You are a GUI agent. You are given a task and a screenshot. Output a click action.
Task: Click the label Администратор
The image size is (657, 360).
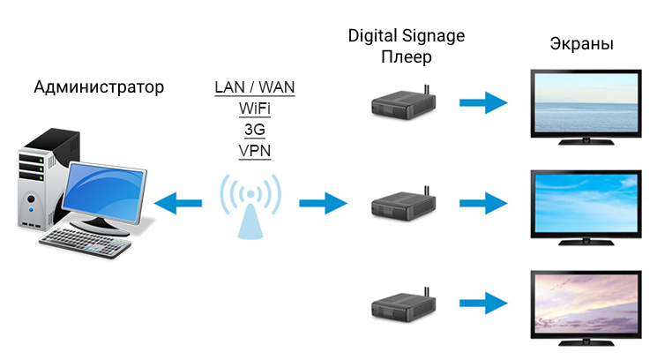click(99, 87)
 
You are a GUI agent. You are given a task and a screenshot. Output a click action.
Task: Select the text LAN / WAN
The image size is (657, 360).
click(255, 88)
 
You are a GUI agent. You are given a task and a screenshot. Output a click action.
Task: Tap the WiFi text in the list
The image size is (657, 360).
click(255, 109)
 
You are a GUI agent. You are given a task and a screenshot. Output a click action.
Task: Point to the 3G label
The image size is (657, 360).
click(255, 130)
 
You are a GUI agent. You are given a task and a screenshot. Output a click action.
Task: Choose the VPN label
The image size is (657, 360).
click(255, 151)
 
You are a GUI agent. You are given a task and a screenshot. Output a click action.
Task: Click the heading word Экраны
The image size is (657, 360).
click(581, 44)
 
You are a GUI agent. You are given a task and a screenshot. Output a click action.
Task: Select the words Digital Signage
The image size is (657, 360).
click(406, 35)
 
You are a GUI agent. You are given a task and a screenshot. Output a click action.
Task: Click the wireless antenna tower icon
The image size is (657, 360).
click(250, 206)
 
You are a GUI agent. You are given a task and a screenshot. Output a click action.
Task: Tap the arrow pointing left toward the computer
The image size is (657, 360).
click(178, 205)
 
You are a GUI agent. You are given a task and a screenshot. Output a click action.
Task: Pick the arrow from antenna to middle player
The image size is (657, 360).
click(323, 205)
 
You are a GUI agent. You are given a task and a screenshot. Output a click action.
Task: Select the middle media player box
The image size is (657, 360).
click(405, 206)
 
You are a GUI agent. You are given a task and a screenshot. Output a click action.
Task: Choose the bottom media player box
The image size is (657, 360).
click(405, 306)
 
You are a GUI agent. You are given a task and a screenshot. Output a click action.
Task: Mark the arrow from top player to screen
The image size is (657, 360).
click(483, 103)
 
